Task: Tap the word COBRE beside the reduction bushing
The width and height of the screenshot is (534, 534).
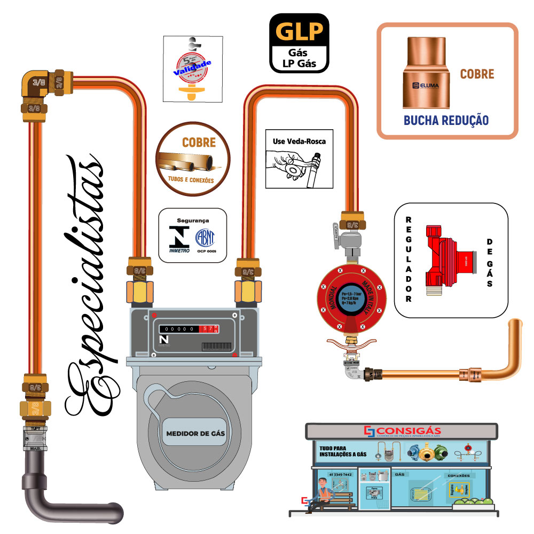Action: pos(477,74)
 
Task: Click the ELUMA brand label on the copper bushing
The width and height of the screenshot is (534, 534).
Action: pos(425,85)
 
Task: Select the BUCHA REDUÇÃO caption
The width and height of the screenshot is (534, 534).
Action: pos(446,120)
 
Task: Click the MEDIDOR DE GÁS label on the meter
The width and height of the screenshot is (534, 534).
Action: pos(195,433)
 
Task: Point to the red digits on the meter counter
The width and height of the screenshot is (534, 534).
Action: pos(206,329)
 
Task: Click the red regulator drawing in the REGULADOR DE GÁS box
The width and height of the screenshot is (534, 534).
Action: pos(446,259)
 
